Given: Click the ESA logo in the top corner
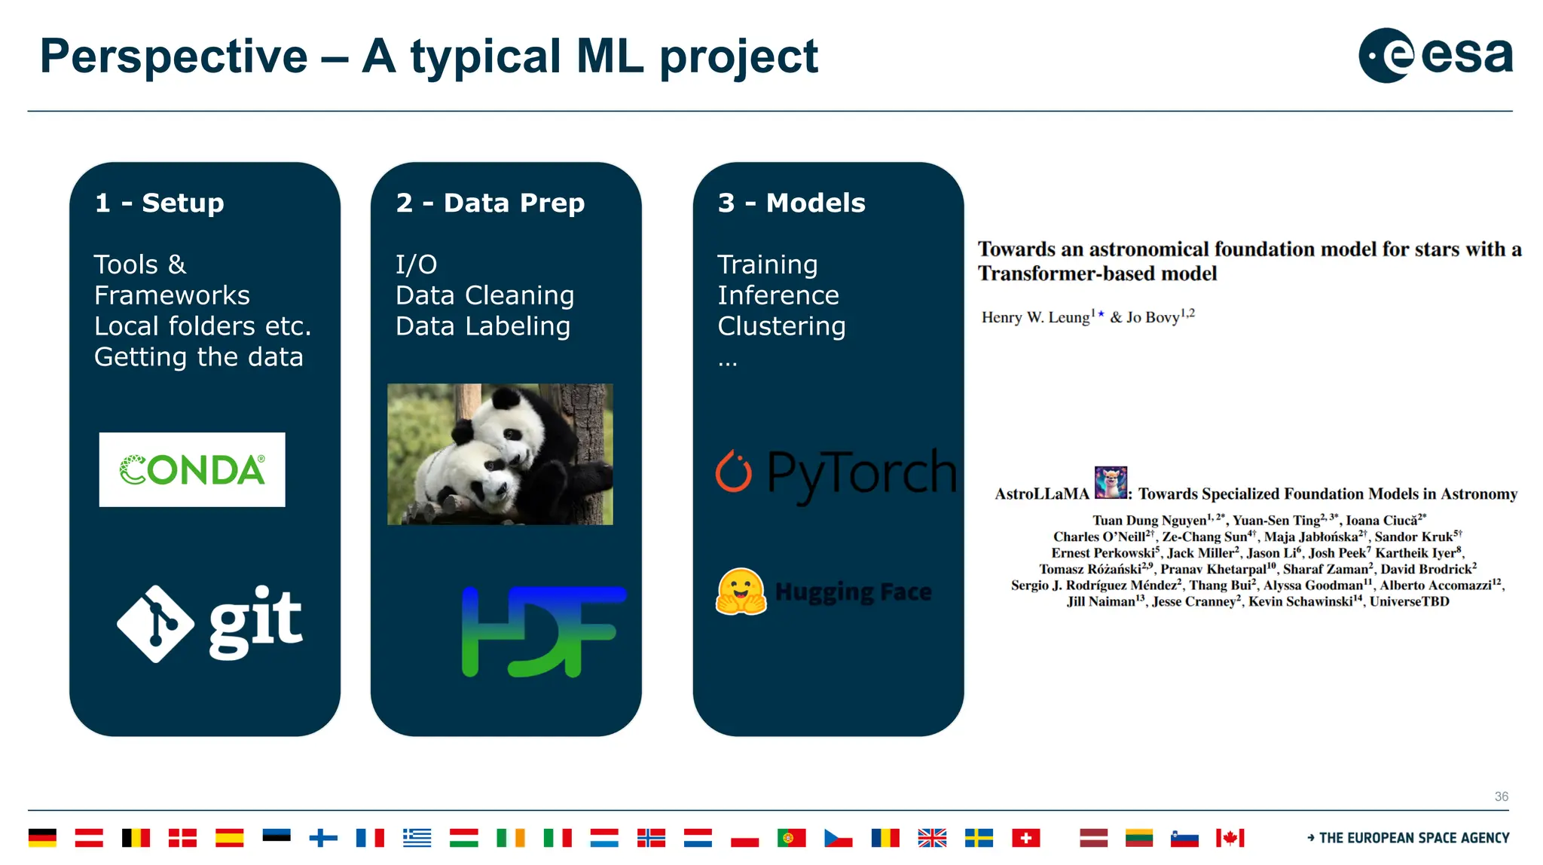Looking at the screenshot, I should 1435,56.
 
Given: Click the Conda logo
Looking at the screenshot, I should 192,470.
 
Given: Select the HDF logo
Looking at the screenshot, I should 543,631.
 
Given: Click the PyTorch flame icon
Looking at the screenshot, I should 733,472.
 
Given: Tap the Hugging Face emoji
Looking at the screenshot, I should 741,592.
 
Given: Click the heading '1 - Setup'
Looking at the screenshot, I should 160,203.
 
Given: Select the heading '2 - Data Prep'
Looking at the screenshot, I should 490,203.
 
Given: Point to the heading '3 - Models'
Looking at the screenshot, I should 791,203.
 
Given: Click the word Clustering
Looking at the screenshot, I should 781,326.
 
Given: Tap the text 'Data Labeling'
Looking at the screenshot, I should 483,326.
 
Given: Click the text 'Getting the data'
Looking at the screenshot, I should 198,357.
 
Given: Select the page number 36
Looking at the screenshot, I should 1501,796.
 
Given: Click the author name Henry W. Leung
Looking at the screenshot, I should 1035,317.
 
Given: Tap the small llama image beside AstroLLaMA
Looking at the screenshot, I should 1111,483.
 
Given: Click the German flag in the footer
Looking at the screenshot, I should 42,838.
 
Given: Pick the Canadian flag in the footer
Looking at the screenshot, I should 1230,838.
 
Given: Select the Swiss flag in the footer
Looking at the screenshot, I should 1025,838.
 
